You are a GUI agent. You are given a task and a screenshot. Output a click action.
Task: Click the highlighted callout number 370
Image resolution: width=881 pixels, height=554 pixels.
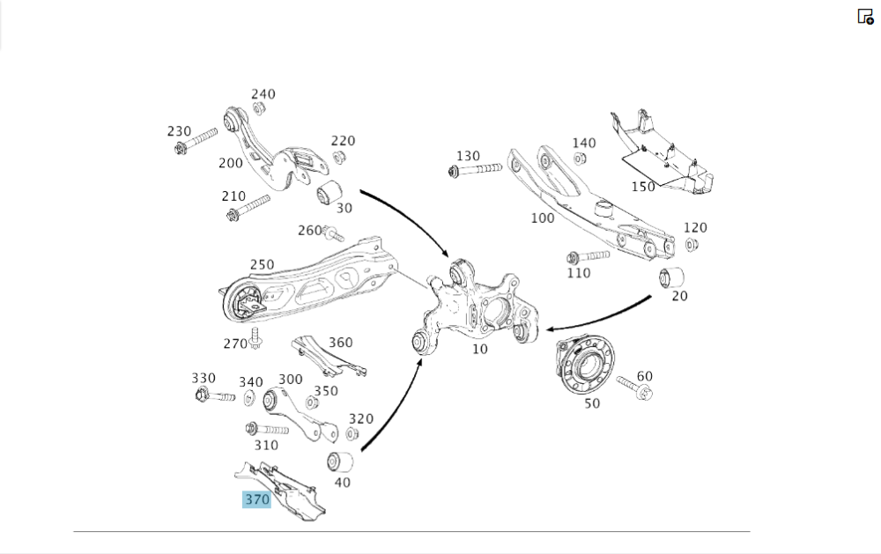(256, 500)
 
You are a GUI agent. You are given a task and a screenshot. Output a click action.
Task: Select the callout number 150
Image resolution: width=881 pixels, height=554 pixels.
(643, 187)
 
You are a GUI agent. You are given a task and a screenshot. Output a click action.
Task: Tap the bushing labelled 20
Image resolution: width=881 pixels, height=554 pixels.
(672, 276)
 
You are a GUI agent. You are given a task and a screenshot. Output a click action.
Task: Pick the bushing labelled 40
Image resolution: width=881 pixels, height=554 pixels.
(340, 461)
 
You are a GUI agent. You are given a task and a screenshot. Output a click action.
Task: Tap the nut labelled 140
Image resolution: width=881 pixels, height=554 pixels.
(581, 159)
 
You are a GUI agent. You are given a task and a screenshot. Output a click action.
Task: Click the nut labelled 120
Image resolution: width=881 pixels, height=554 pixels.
(692, 244)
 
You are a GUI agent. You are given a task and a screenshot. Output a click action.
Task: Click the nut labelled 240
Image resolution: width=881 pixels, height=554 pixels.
(259, 108)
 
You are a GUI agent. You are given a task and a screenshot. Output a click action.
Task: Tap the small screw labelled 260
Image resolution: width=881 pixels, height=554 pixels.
(333, 233)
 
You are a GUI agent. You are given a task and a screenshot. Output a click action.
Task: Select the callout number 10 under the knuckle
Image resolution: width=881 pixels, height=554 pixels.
(479, 349)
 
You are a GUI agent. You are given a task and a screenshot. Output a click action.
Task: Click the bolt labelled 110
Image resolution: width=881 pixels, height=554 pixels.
(586, 257)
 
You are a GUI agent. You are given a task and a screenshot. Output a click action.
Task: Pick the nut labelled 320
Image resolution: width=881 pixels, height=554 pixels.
(352, 433)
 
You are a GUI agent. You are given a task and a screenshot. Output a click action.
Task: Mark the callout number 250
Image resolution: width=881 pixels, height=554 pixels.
(262, 264)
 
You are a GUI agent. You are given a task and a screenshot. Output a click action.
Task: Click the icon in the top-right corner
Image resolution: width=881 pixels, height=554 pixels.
(865, 16)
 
